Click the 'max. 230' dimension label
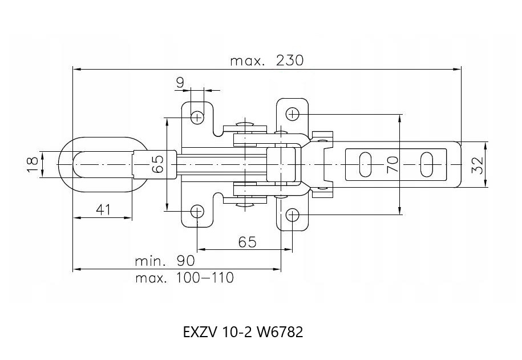(266, 60)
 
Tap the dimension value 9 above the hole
(180, 82)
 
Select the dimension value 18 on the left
(33, 164)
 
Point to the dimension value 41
(103, 209)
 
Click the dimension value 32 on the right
(478, 165)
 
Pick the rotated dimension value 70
(393, 164)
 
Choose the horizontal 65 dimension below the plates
(248, 242)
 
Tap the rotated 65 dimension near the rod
(157, 164)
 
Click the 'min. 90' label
(165, 261)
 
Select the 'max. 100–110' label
(185, 278)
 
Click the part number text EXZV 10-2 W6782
(243, 332)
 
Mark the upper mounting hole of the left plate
(197, 117)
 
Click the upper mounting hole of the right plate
(292, 114)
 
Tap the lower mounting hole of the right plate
(292, 215)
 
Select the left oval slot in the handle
(365, 164)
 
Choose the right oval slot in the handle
(427, 164)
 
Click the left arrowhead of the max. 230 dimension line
(77, 69)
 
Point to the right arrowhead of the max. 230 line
(457, 69)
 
